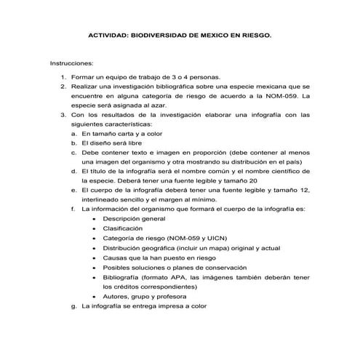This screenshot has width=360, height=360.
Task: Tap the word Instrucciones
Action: (71, 64)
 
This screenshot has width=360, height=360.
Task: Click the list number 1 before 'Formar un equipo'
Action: (63, 76)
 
